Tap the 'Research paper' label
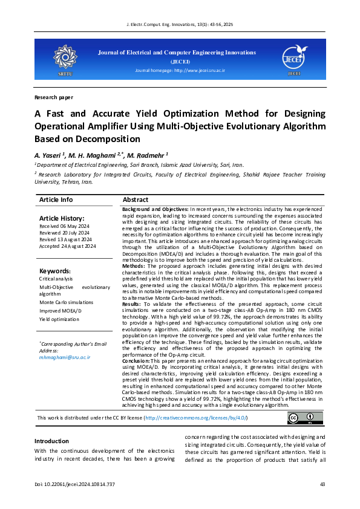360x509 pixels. [x=53, y=97]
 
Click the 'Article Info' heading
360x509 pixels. [x=56, y=199]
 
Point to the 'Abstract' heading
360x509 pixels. [x=136, y=199]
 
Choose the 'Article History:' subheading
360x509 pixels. [x=62, y=218]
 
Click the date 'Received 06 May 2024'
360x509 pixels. [x=65, y=227]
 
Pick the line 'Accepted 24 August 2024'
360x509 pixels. [x=67, y=247]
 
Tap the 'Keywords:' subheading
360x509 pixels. [x=54, y=271]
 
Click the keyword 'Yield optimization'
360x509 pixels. [x=59, y=319]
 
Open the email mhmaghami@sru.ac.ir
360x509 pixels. [x=65, y=357]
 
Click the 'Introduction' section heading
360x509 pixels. [x=51, y=424]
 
